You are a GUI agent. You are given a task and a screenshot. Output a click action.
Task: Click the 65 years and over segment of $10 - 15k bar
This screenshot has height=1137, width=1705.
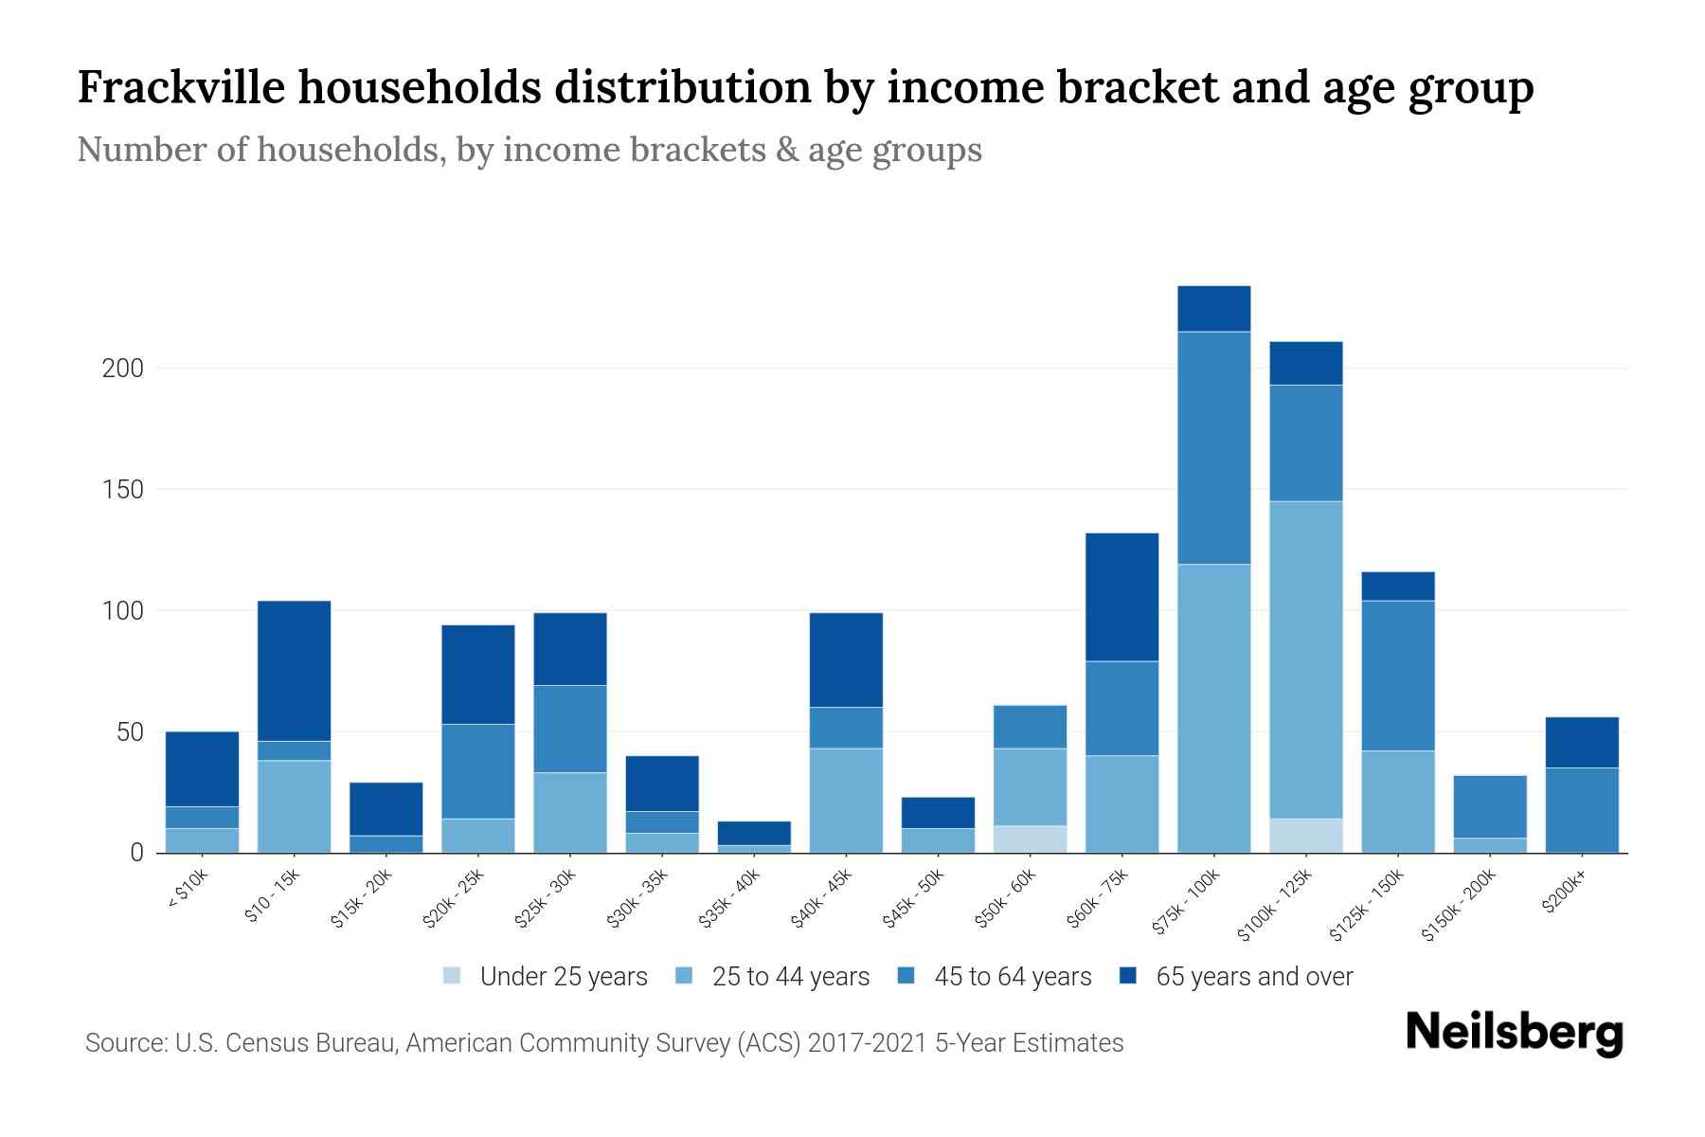294,671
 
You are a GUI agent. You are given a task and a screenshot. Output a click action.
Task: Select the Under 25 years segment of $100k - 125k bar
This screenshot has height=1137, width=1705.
1305,836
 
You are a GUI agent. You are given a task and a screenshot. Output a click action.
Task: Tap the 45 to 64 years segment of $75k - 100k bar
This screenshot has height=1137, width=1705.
1213,448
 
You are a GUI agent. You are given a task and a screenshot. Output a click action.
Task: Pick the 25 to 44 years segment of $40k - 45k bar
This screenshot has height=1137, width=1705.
846,801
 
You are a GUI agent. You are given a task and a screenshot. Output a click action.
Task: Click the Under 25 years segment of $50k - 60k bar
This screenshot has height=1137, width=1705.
1030,839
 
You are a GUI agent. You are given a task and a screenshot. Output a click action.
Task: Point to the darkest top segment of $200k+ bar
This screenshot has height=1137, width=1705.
1582,742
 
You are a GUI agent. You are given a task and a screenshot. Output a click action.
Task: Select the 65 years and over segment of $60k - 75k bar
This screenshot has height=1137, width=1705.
1122,597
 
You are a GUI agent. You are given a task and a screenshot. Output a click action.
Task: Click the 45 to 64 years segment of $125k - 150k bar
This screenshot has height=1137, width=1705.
1397,676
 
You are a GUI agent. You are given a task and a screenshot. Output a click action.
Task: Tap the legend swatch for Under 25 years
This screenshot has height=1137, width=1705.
452,976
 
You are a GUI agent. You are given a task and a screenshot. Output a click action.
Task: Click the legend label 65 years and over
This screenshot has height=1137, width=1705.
1254,977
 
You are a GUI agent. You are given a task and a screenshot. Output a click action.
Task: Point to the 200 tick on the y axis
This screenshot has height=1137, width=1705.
122,369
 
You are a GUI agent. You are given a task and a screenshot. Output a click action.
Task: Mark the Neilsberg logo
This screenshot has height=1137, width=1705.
1514,1032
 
